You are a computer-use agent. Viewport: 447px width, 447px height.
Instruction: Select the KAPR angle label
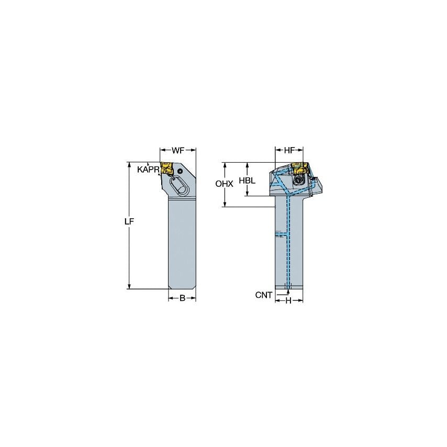(148, 170)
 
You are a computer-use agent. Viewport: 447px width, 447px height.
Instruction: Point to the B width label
(182, 298)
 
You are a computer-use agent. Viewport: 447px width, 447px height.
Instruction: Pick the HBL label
(247, 180)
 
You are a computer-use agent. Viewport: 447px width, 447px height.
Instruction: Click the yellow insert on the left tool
(167, 168)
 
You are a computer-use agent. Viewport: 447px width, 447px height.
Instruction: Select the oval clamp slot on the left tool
(177, 186)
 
